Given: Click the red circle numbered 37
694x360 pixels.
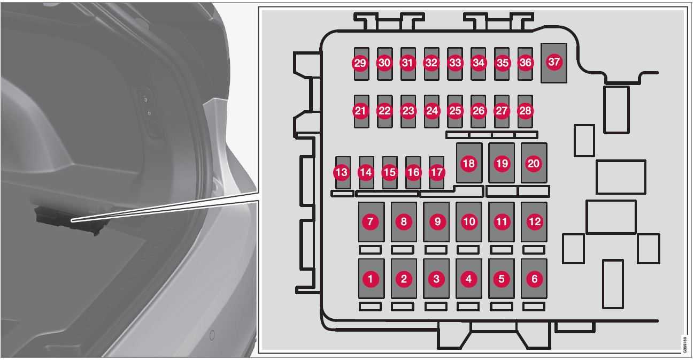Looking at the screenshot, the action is coord(554,62).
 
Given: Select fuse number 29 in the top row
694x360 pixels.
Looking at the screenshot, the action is coord(361,64).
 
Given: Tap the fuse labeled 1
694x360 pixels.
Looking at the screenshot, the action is coord(371,279).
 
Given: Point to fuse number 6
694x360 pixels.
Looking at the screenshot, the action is coord(534,279).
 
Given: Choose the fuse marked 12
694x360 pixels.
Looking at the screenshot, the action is coord(534,221).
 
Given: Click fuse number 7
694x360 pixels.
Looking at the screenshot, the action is coord(371,221).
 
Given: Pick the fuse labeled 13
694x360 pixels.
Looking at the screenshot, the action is coord(343,172).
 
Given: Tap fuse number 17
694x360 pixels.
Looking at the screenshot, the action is coord(436,172).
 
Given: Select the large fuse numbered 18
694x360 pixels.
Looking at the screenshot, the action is coord(469,163).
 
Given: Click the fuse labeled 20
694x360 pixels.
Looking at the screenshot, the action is coord(534,163).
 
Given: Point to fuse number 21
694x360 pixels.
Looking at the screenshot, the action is coord(361,111).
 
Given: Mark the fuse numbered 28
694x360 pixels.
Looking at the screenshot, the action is coord(525,111).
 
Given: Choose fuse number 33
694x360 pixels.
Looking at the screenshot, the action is coord(455,64).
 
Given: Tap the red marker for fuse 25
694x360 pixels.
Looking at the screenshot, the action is coord(455,111).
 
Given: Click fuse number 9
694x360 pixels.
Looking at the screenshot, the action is coord(436,221).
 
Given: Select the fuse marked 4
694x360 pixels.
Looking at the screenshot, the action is coord(469,279).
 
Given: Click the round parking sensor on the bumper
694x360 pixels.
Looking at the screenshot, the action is coord(212,335).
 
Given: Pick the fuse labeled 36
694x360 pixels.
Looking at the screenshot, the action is coord(525,64).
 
